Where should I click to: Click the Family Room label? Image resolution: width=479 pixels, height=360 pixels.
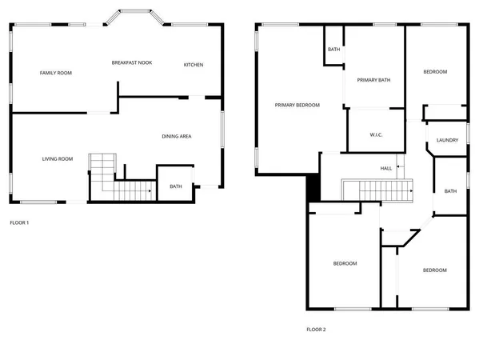[x=56, y=73]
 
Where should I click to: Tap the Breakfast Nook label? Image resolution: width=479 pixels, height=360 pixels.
[x=132, y=62]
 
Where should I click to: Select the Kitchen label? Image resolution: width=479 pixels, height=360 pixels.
[x=194, y=65]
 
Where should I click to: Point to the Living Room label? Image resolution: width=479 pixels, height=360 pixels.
[x=58, y=159]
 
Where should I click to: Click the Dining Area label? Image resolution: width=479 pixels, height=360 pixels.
[x=176, y=137]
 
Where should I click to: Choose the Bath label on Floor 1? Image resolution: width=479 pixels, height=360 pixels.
[x=175, y=186]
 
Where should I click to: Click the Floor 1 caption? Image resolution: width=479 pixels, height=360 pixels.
[x=19, y=222]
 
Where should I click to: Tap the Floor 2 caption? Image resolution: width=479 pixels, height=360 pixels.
[x=316, y=329]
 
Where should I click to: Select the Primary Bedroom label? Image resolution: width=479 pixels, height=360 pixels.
[x=297, y=105]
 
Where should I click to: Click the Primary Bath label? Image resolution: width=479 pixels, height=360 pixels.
[x=373, y=80]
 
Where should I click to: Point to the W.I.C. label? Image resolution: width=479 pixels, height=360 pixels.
[x=376, y=134]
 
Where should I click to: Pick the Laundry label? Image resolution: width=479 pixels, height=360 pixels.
[x=447, y=140]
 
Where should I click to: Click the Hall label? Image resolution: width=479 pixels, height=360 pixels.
[x=386, y=168]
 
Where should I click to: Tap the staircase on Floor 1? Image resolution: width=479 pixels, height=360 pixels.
[x=120, y=182]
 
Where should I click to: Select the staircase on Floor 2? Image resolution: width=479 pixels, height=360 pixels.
[x=378, y=190]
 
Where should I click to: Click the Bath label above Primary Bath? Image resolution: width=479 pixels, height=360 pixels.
[x=333, y=50]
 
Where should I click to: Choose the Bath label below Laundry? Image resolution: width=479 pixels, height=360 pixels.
[x=450, y=191]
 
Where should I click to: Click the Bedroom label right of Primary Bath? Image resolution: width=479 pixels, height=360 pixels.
[x=434, y=72]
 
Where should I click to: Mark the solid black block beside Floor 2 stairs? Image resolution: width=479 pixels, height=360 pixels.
[x=313, y=189]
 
